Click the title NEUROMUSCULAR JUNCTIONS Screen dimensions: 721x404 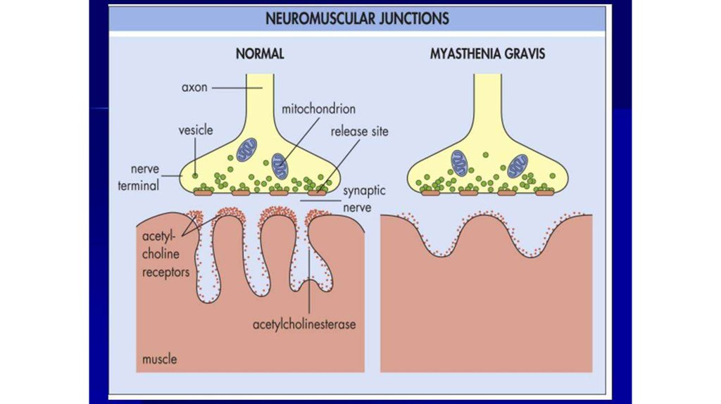coord(357,18)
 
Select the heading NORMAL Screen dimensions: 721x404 coord(260,53)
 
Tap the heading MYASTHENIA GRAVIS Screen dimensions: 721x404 coord(487,53)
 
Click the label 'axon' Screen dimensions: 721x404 coord(194,87)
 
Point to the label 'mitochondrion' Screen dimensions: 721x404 coord(319,109)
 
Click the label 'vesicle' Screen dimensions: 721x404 coord(196,130)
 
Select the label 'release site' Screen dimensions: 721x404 coord(360,132)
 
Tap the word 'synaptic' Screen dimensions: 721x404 coord(364,191)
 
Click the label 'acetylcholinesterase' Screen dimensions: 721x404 coord(304,324)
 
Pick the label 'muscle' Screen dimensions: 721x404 coord(160,359)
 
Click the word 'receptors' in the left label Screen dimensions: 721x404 coord(165,272)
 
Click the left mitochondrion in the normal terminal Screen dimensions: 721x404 coord(247,150)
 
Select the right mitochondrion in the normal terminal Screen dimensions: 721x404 coord(280,166)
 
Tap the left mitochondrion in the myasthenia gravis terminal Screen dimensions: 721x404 coord(459,163)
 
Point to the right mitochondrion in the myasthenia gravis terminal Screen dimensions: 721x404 coord(518,166)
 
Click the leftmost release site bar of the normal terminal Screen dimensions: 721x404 coord(203,193)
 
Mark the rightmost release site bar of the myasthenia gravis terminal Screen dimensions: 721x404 coord(545,193)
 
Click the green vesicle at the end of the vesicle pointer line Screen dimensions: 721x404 coord(196,175)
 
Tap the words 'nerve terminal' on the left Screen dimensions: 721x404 coord(139,177)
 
